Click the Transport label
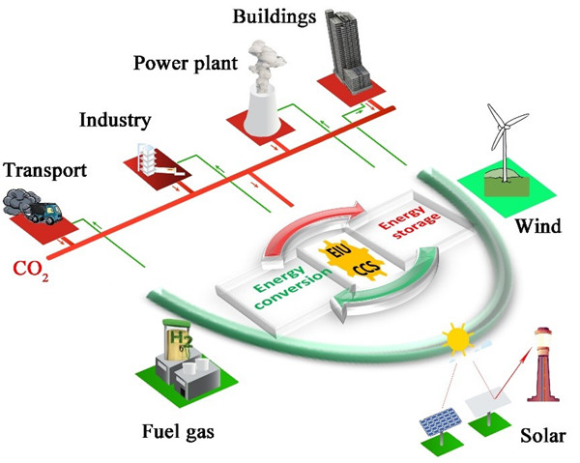pyautogui.click(x=45, y=171)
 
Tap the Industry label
pyautogui.click(x=113, y=122)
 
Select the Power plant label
pyautogui.click(x=181, y=64)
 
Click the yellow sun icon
pyautogui.click(x=454, y=338)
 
